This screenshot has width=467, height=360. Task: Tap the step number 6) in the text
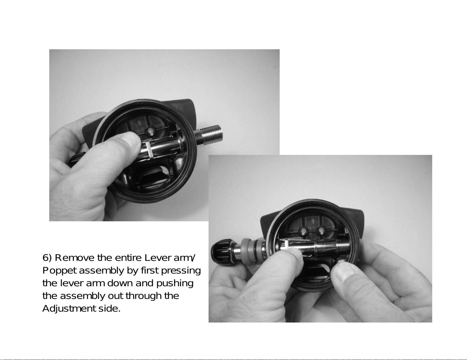coord(47,258)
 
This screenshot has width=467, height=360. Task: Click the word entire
coord(128,258)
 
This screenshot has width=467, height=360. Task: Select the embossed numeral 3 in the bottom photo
coord(313,221)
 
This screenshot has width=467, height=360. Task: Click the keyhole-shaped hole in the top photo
coord(151,131)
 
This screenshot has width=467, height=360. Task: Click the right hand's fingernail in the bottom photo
coord(345,273)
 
